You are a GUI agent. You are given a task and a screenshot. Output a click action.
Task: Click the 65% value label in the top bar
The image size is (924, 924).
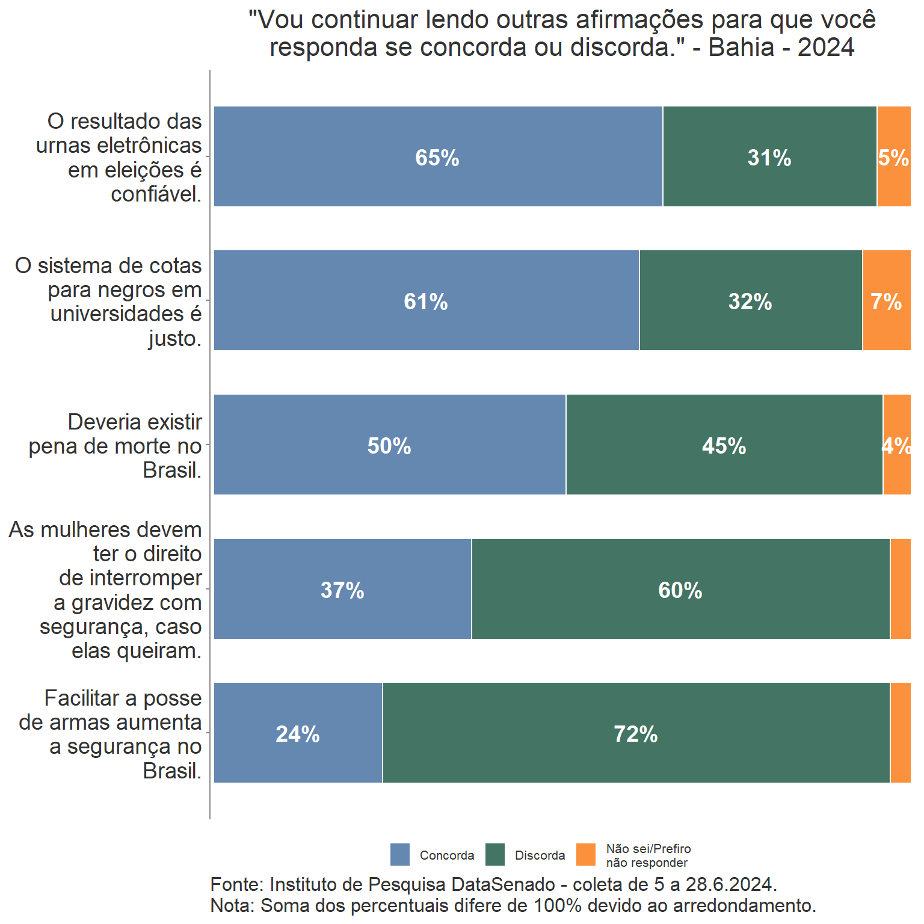point(437,158)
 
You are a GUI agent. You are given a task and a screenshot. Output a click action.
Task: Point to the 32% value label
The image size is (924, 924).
point(750,301)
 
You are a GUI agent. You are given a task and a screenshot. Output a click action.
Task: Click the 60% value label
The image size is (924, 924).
point(680,590)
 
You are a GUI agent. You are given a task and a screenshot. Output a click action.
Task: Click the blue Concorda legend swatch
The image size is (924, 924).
point(400,854)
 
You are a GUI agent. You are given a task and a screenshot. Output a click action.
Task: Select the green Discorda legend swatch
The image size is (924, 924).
point(495,854)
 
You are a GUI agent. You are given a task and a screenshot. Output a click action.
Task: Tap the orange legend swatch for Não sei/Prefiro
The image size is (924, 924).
point(586,854)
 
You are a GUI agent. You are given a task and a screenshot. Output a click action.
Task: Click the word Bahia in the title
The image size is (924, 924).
point(741,47)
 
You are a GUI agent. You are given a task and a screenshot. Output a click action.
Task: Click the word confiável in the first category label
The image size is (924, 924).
point(156,194)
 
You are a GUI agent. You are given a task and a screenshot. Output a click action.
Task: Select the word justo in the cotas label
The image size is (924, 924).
point(174,338)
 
